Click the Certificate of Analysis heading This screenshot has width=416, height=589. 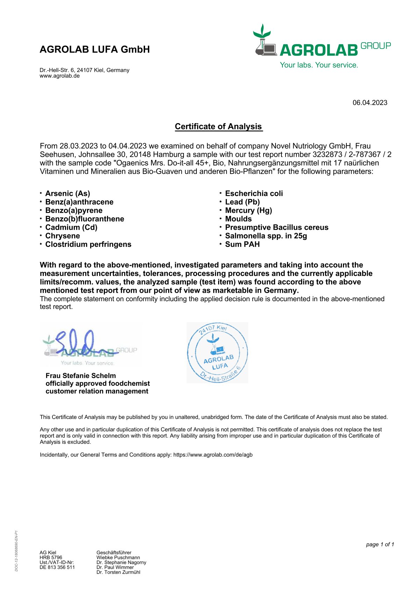pyautogui.click(x=218, y=127)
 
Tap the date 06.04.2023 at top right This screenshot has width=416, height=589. pyautogui.click(x=370, y=103)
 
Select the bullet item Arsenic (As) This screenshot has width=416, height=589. pyautogui.click(x=67, y=193)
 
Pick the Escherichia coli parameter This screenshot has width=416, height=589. pyautogui.click(x=254, y=193)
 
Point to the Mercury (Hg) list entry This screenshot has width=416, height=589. pyautogui.click(x=248, y=210)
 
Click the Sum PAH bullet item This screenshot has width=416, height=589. pyautogui.click(x=242, y=244)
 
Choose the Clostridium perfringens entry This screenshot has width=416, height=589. pyautogui.click(x=88, y=244)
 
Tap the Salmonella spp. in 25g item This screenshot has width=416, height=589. pyautogui.click(x=266, y=236)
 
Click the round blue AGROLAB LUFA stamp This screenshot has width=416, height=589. pyautogui.click(x=217, y=352)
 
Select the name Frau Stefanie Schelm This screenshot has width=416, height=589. pyautogui.click(x=80, y=376)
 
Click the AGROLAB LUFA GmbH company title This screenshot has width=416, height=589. pyautogui.click(x=95, y=49)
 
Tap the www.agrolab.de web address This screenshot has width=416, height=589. pyautogui.click(x=60, y=76)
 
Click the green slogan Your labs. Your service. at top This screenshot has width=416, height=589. pyautogui.click(x=319, y=65)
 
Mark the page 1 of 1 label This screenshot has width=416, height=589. pyautogui.click(x=380, y=545)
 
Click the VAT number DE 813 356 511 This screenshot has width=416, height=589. pyautogui.click(x=57, y=567)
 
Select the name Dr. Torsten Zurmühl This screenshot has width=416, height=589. pyautogui.click(x=118, y=572)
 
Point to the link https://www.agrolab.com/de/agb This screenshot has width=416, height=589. pyautogui.click(x=213, y=455)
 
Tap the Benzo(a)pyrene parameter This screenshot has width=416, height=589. pyautogui.click(x=74, y=210)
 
